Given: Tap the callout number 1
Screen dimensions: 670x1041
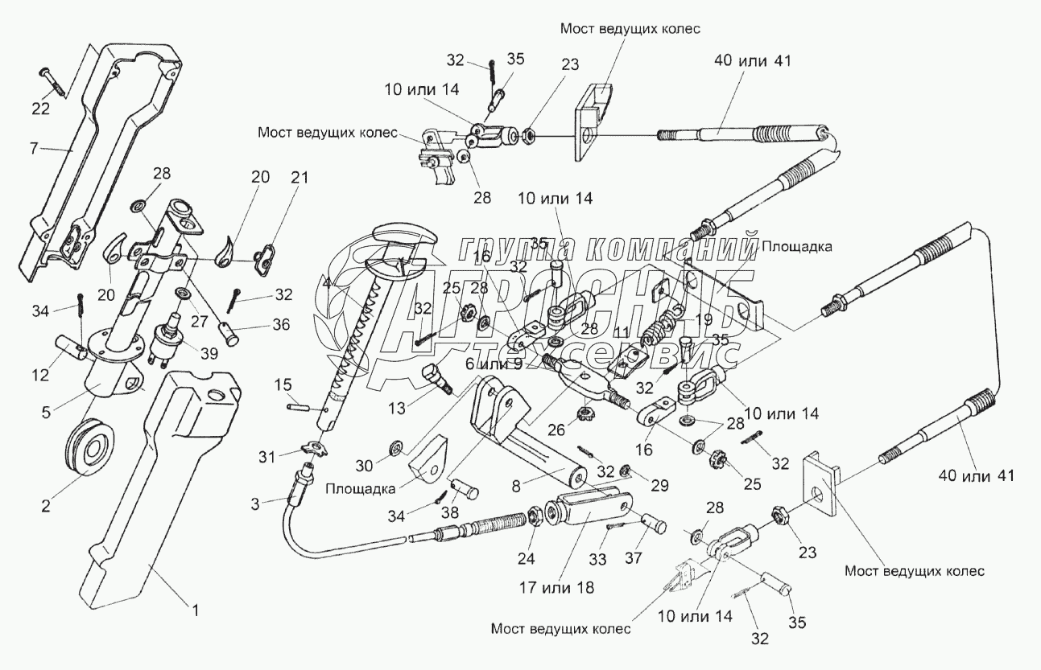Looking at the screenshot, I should point(192,610).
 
